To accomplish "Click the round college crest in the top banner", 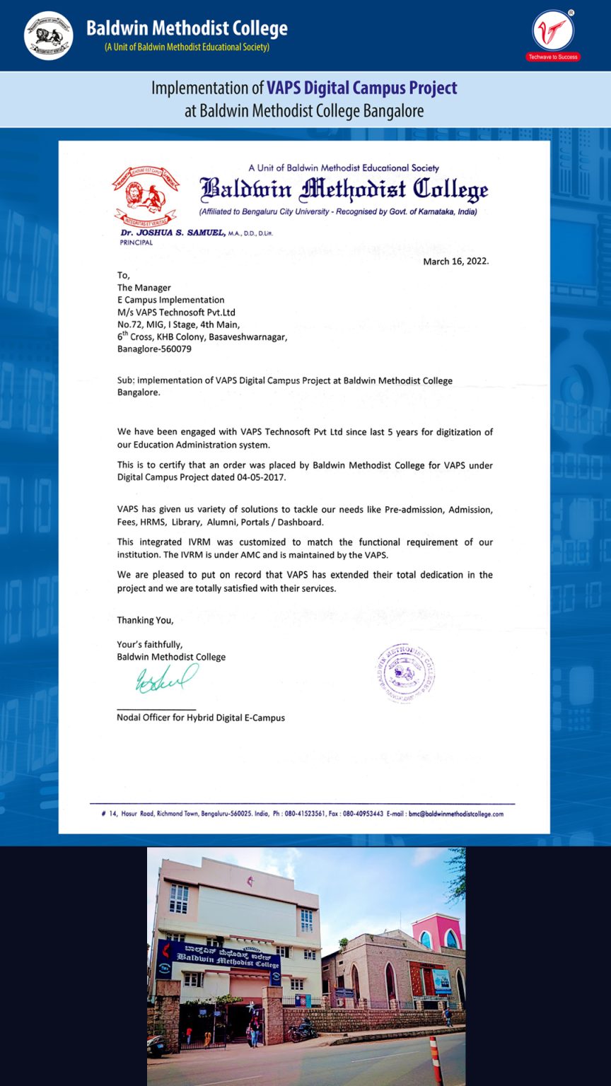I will click(48, 35).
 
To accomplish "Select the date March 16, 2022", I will click(455, 262).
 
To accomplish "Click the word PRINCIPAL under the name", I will click(136, 243).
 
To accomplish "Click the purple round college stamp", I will click(405, 673).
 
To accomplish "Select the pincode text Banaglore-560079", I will click(154, 349).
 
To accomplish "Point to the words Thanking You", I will click(145, 620).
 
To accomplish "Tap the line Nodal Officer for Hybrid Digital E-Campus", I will click(201, 718).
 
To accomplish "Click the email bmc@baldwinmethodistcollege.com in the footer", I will click(455, 814).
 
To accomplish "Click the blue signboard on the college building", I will click(219, 957).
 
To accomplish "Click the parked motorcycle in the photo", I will click(302, 1032).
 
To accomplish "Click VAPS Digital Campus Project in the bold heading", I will click(361, 88).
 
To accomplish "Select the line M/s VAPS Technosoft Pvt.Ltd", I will click(176, 312).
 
